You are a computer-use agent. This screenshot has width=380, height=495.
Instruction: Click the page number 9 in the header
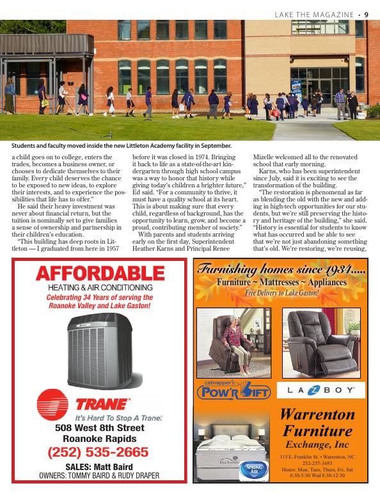(x=374, y=15)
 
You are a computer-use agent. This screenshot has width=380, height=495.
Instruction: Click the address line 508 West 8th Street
(x=99, y=427)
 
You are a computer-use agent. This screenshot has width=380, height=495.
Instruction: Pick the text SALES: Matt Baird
(x=99, y=467)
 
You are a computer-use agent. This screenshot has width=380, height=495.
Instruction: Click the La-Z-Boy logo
(x=321, y=389)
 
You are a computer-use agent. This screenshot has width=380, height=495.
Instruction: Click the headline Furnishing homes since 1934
(x=281, y=269)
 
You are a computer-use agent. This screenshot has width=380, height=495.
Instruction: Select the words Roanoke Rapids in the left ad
(x=99, y=439)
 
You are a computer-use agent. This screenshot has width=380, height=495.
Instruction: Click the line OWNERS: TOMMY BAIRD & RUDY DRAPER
(x=99, y=476)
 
